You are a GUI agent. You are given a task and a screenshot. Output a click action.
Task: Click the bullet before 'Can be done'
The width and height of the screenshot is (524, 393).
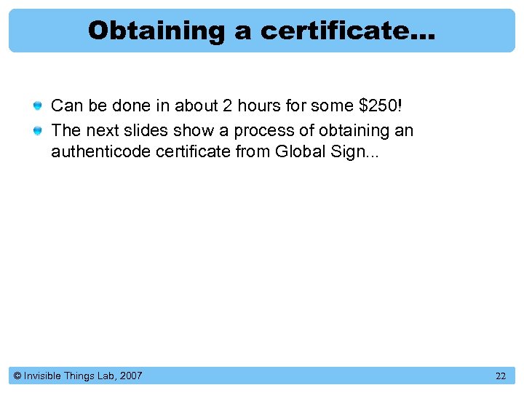37,106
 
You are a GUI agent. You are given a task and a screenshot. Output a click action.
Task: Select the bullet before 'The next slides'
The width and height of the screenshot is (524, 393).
37,131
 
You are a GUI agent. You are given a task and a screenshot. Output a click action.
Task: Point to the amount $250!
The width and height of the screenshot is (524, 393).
381,106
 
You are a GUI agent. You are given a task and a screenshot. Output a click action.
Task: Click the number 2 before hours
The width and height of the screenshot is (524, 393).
227,106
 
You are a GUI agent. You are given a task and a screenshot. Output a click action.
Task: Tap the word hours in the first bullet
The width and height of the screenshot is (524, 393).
258,106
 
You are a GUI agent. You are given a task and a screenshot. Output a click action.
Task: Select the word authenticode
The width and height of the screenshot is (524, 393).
95,152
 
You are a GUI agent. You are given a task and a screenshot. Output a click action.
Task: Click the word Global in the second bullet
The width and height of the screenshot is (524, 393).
298,152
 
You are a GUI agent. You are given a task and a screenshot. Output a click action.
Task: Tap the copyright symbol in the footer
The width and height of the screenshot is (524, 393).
17,376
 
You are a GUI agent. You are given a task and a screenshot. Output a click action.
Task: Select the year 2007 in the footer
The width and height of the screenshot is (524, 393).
131,376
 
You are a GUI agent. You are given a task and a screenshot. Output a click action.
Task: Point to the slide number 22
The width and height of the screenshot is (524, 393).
500,376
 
